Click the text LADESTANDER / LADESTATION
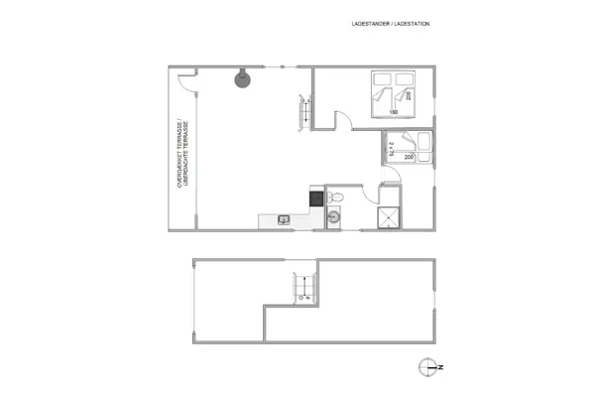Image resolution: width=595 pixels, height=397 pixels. click(391, 23)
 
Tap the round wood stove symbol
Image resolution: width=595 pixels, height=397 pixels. click(241, 79)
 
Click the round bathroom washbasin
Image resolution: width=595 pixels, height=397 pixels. click(335, 215)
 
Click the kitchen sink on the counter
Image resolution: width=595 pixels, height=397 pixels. click(284, 219)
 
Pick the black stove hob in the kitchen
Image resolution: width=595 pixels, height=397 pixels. click(316, 197)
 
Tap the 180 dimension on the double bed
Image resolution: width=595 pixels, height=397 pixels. click(394, 112)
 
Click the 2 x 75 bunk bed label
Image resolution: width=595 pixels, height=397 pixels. click(394, 148)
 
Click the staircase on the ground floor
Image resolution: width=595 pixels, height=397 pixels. click(305, 111)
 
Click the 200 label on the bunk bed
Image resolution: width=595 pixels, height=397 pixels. click(409, 157)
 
